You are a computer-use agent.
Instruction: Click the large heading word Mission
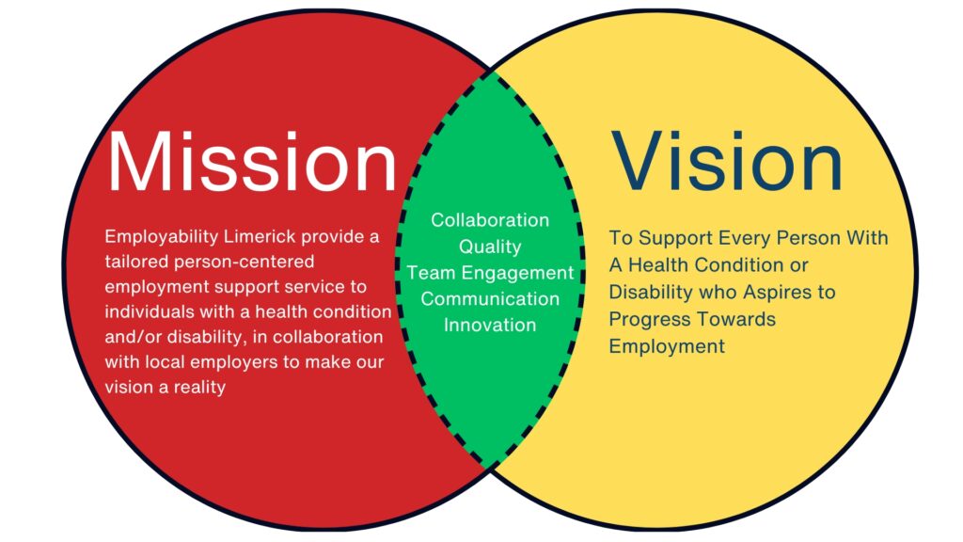(252, 161)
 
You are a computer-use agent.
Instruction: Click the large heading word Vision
(727, 161)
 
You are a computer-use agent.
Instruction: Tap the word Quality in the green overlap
(490, 247)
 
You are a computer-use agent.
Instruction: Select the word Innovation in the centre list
(490, 325)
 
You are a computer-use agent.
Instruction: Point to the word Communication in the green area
(490, 299)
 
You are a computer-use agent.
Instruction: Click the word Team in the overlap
(432, 273)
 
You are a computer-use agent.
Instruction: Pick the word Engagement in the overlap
(518, 274)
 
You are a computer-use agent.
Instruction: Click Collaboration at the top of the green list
(490, 220)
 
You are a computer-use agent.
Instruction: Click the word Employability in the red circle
(162, 237)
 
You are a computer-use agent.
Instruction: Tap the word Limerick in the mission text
(260, 236)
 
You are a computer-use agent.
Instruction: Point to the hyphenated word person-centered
(245, 263)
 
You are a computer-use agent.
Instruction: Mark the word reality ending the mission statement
(199, 388)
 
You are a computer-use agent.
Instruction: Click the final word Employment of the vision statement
(667, 346)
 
